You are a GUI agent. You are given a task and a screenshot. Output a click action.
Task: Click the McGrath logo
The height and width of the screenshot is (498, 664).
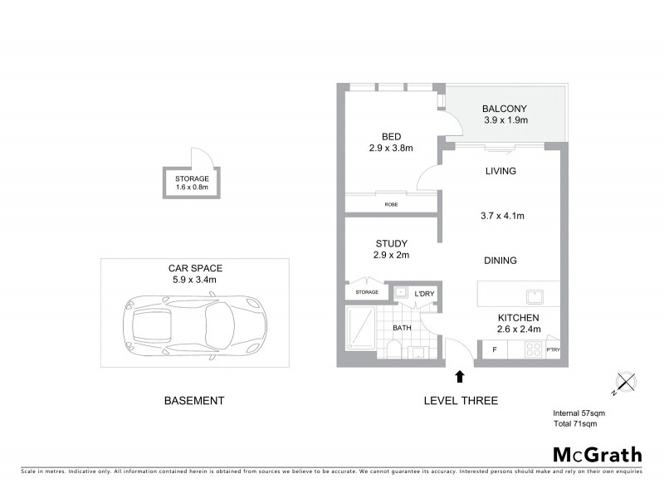[x=597, y=454]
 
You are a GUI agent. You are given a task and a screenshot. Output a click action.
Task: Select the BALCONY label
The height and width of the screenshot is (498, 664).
[x=505, y=109]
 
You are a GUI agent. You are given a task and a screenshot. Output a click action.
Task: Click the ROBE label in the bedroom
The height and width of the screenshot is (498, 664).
[x=390, y=204]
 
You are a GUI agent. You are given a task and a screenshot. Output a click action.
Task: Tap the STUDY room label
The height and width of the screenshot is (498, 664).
[x=391, y=243]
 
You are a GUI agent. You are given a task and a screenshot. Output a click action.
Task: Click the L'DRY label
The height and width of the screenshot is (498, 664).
[x=423, y=293]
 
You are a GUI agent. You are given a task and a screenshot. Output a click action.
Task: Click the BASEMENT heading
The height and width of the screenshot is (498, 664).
[x=194, y=400]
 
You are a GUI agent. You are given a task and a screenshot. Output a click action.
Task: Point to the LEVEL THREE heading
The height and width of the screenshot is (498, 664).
[x=461, y=400]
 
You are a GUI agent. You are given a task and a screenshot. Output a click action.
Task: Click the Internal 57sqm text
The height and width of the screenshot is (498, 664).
[x=579, y=413]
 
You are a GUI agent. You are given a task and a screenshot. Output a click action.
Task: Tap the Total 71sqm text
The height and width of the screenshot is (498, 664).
[x=574, y=423]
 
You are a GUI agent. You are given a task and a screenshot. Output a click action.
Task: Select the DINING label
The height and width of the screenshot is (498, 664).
[x=500, y=261]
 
